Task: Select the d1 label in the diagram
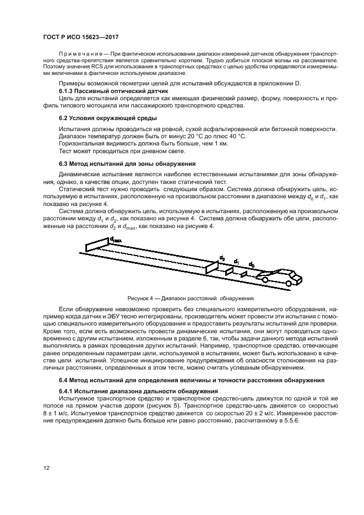pyautogui.click(x=237, y=261)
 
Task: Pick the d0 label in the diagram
pyautogui.click(x=251, y=264)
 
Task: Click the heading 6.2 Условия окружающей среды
pyautogui.click(x=107, y=118)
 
